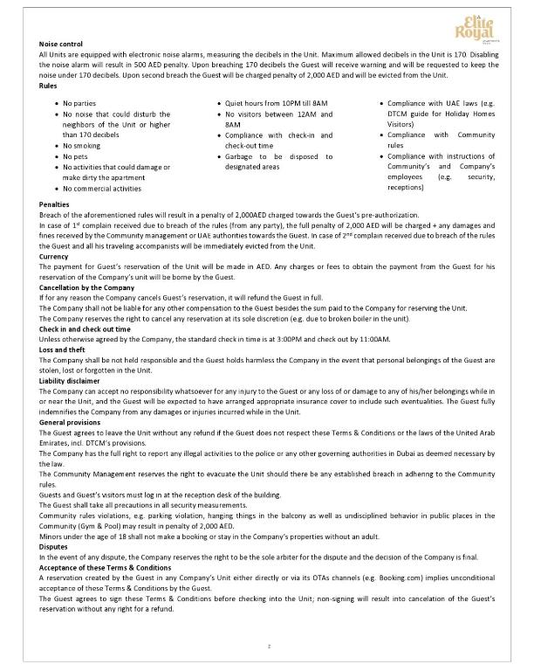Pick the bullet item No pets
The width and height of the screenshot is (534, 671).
tap(77, 156)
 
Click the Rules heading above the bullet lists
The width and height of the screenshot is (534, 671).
tap(50, 86)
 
